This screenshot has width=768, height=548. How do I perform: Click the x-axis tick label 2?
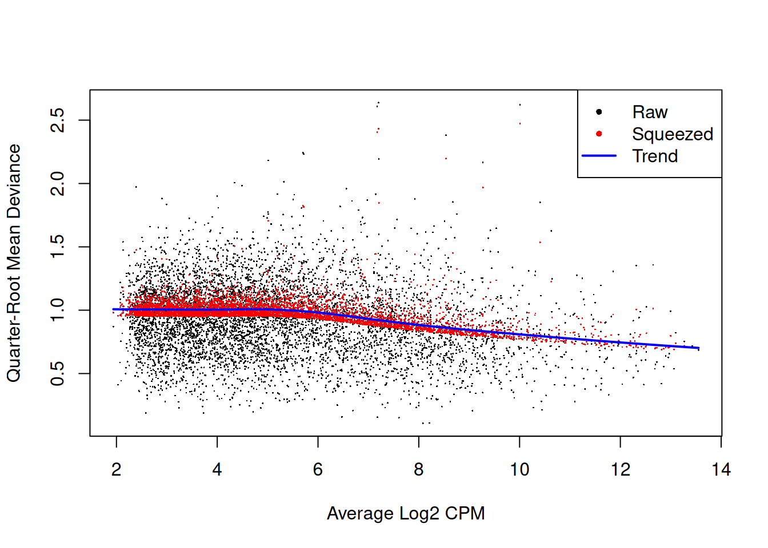(117, 470)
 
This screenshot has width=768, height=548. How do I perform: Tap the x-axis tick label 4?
(217, 470)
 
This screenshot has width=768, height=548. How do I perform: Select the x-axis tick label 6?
(318, 470)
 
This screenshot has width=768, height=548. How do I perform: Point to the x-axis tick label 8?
(419, 470)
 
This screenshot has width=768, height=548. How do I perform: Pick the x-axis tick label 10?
(519, 470)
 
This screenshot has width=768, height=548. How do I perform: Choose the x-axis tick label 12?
(621, 470)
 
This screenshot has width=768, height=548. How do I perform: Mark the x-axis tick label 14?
(721, 470)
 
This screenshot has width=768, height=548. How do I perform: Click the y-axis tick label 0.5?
(58, 373)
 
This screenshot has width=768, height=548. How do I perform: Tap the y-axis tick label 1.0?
(58, 310)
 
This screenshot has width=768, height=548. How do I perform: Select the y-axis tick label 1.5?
(58, 247)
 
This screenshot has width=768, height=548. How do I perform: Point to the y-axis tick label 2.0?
(58, 183)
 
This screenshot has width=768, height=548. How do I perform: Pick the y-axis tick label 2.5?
(58, 120)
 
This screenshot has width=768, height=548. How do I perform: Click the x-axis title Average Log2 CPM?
(406, 514)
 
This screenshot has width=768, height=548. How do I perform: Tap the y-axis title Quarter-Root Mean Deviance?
(14, 263)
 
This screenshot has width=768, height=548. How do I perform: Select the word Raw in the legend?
(650, 112)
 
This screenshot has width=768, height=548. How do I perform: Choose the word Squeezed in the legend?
(673, 134)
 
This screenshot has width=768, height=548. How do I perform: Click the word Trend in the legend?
(655, 156)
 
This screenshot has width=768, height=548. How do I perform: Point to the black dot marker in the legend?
(599, 112)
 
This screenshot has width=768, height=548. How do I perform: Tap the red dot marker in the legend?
(599, 134)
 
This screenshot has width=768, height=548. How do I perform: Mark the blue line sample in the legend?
(599, 155)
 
